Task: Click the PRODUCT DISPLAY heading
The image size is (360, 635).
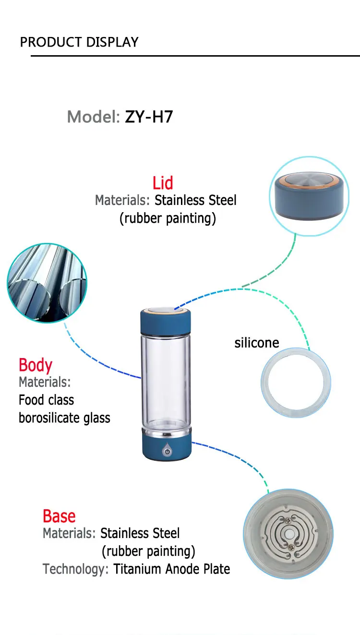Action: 79,42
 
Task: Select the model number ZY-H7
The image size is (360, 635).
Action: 149,117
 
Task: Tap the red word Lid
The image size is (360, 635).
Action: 163,183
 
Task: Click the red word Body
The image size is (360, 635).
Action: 36,365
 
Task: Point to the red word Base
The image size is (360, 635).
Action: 59,516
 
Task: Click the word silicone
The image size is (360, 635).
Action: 257,343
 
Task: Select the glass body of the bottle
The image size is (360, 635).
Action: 166,379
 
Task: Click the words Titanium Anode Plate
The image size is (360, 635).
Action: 171,569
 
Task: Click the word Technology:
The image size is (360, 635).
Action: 75,569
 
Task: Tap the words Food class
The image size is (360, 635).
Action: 47,400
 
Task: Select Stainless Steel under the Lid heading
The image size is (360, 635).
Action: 195,200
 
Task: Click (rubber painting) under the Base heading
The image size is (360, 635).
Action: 148,551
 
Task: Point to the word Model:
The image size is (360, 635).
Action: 93,117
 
